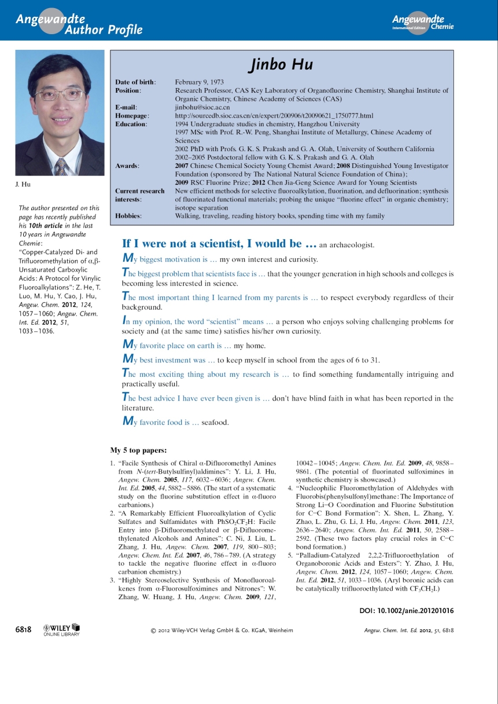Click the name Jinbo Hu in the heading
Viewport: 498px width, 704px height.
(x=281, y=64)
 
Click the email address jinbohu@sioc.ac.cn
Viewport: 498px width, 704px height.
(x=202, y=107)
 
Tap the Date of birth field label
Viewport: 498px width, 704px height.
(x=135, y=82)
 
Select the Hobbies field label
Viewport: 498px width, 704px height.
(x=128, y=215)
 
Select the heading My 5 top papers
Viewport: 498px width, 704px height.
(x=138, y=450)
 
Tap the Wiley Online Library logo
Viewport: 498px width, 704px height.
(x=61, y=630)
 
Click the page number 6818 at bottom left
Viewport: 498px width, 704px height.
(x=23, y=629)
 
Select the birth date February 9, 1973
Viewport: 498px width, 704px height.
(x=199, y=82)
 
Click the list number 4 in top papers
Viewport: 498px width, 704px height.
(x=290, y=488)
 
